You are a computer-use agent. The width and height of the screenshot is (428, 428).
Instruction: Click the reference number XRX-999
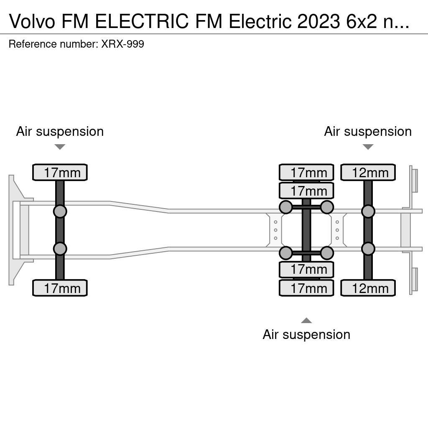point(122,44)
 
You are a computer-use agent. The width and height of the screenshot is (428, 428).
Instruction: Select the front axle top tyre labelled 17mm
point(60,172)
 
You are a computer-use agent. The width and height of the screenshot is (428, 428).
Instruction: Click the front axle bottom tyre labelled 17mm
point(60,288)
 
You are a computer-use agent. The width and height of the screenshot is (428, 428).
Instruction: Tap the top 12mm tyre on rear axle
point(368,172)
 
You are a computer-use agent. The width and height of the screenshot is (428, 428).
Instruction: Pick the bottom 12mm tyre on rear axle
point(368,288)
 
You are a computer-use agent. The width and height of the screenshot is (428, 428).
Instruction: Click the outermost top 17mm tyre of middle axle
point(306,172)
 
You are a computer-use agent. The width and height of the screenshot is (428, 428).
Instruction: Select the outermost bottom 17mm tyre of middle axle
point(306,288)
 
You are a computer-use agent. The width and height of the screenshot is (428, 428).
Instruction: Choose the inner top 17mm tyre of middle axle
point(306,191)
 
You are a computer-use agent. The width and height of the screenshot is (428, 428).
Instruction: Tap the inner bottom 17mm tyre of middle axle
point(306,270)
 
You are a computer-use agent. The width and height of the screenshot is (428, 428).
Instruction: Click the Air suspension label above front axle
point(60,131)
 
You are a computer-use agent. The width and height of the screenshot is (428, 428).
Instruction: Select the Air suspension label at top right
point(368,131)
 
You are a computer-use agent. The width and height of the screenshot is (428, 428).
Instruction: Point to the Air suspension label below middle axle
point(306,334)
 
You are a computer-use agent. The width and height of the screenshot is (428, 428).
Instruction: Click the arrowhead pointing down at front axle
point(60,147)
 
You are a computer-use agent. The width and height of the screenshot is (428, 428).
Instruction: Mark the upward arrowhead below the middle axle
point(306,321)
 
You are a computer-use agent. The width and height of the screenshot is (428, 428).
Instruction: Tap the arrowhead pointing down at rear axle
point(368,147)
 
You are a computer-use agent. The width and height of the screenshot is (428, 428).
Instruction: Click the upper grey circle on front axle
point(60,211)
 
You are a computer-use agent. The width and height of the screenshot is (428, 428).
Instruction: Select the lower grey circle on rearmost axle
point(368,249)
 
